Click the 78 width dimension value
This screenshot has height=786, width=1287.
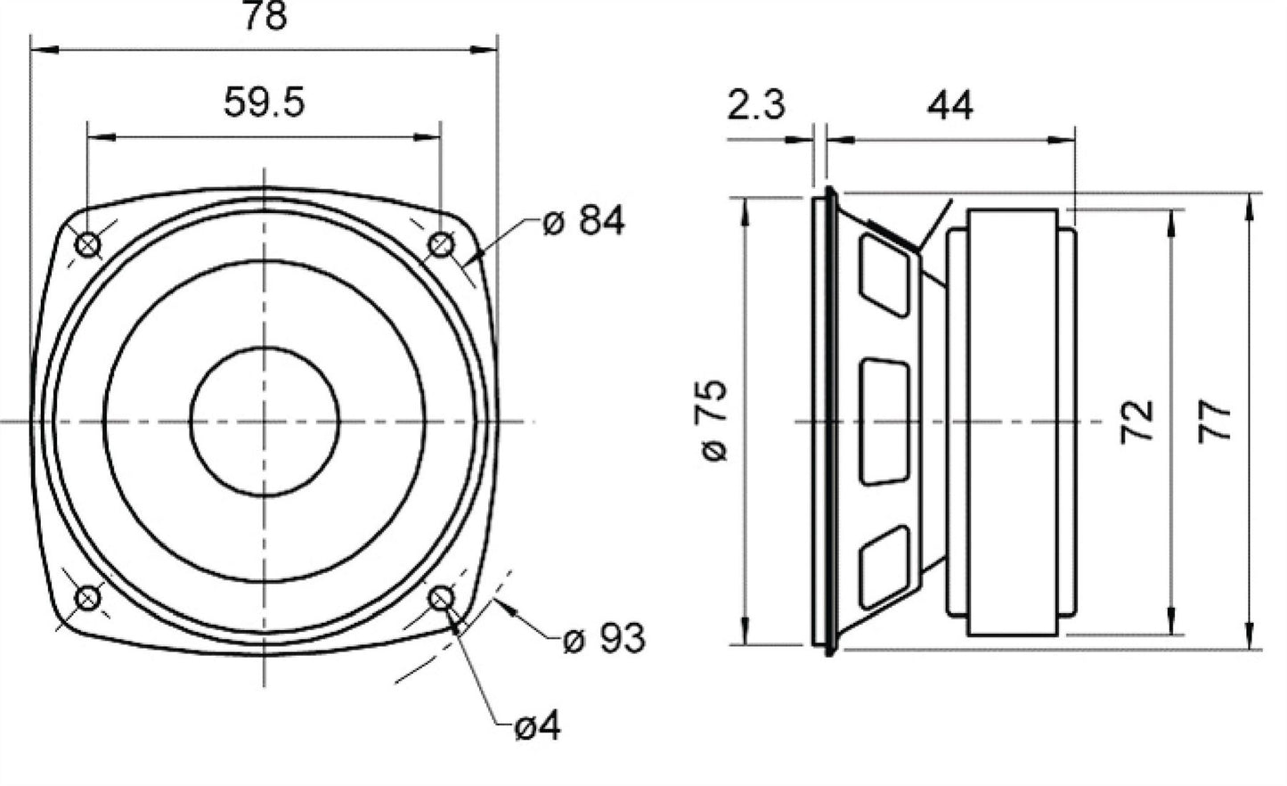click(265, 15)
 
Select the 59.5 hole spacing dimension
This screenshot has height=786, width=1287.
click(265, 102)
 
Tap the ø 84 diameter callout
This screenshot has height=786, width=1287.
click(583, 220)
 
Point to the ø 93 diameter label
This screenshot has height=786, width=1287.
click(604, 638)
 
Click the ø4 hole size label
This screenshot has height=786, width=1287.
click(537, 726)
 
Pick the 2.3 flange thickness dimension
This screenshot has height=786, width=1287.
click(756, 105)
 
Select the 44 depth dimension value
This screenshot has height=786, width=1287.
click(950, 105)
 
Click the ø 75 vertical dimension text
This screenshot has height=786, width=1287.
click(714, 421)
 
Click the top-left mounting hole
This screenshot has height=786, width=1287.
click(88, 245)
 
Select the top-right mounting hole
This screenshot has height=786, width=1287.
click(441, 245)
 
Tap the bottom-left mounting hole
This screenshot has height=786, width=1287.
click(88, 598)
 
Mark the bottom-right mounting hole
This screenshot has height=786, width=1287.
click(441, 598)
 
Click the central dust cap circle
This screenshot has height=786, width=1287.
click(265, 422)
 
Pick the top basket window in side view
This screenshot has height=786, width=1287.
click(885, 276)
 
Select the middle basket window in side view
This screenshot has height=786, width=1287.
click(885, 422)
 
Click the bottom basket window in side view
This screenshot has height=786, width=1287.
click(885, 568)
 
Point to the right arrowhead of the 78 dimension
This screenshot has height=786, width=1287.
click(484, 49)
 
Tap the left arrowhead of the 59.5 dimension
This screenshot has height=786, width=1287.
click(102, 137)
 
